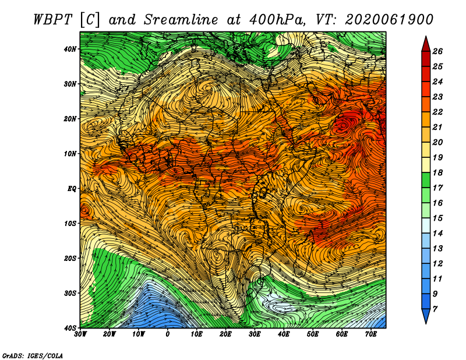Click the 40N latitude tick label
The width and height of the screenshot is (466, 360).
coord(70,49)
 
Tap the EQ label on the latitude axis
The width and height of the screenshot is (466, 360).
coord(72,189)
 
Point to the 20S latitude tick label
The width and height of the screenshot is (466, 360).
coord(70,258)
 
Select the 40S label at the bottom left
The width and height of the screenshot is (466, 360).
coord(70,328)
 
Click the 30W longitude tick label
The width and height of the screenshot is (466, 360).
coord(80,334)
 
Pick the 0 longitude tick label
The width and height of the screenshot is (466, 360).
coord(168,334)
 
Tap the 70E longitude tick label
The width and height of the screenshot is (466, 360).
coord(371,334)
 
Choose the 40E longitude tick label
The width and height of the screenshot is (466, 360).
coord(284,334)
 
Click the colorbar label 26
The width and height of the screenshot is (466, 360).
coord(437,51)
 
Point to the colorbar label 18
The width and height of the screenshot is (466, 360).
coord(437,172)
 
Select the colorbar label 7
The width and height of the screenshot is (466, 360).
coord(435,309)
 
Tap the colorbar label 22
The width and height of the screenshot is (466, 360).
coord(437,112)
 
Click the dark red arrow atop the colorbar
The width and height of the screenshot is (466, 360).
coord(426,44)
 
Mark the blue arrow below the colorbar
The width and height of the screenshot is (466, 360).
coord(426,316)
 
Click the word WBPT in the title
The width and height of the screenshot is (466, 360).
coord(52,20)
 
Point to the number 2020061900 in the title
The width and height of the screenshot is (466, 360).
coord(389,20)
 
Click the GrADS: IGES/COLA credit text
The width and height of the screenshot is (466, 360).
coord(33,355)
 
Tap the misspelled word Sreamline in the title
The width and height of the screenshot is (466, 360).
coord(181,20)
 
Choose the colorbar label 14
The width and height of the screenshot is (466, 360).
coord(437,234)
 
